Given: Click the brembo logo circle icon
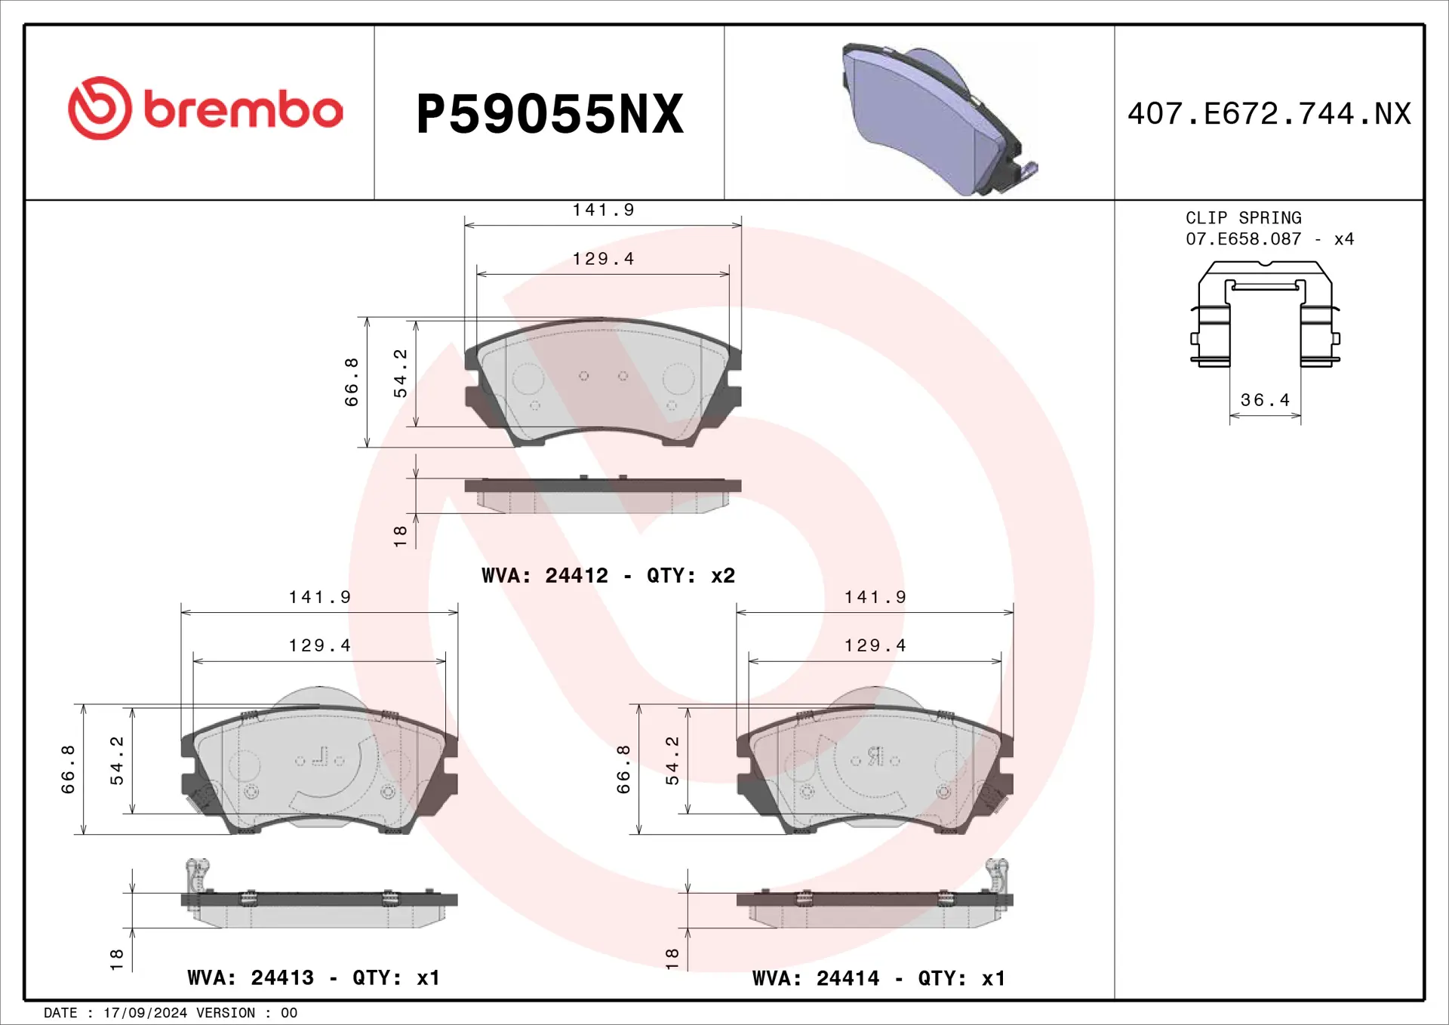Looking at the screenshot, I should coord(100,108).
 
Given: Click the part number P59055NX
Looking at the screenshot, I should coord(549,114).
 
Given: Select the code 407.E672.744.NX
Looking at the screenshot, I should coord(1269,114).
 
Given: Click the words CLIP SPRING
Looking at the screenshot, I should coord(1243,218).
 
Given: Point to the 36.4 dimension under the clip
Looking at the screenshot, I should coord(1265,400).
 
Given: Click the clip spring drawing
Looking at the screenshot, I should coord(1265,313).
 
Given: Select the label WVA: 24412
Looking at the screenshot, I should coord(545,576).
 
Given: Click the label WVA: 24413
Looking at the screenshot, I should coord(251,978).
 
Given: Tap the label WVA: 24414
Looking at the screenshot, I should coord(816,979).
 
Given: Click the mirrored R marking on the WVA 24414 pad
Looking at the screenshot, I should coord(875,756).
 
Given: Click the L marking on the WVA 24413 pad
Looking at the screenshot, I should coord(321,756).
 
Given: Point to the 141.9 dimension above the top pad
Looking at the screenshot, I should coord(603,210).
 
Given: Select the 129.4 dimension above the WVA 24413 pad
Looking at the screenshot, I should coord(319,645).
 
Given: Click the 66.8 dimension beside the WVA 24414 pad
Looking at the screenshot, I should coord(623,769).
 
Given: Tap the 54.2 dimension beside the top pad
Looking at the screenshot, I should coord(400,374).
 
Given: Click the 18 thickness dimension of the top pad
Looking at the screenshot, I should coord(400,536).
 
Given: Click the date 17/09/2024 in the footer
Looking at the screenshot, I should coord(145,1013).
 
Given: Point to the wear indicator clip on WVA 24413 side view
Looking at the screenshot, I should coord(197,874).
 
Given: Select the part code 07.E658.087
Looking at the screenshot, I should coord(1243,239).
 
